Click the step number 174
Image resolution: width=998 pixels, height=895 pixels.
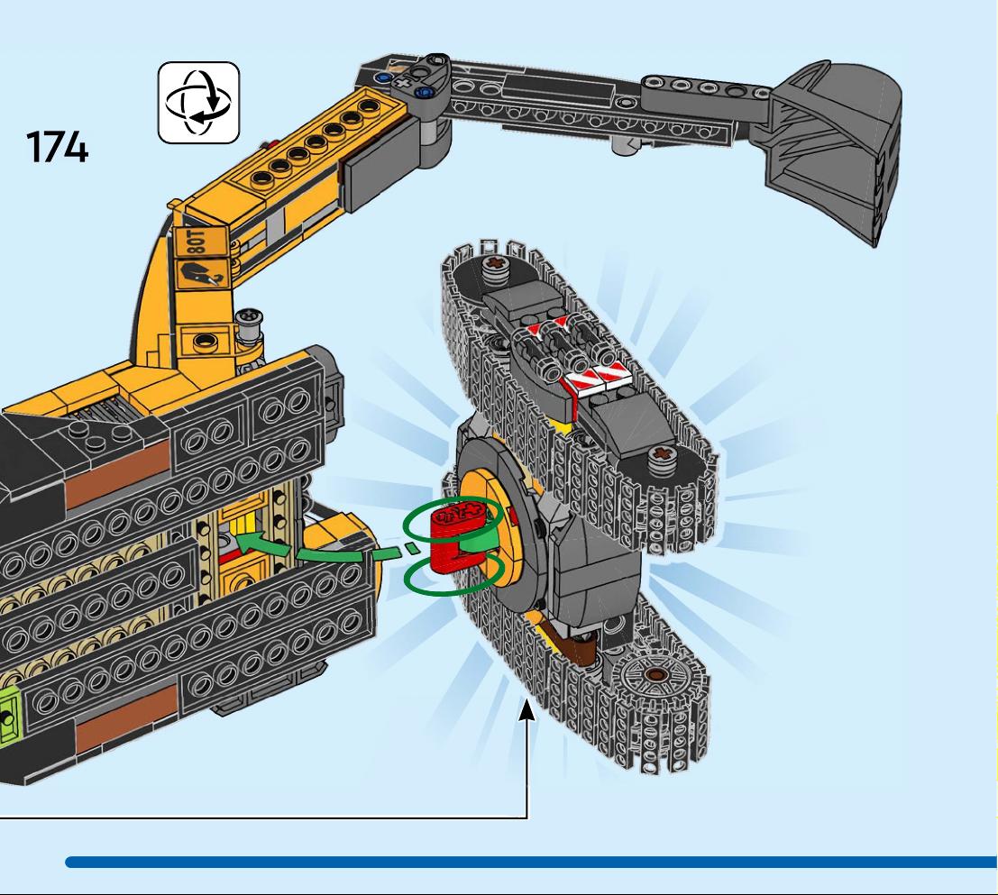(57, 147)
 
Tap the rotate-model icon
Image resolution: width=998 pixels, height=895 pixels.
(198, 103)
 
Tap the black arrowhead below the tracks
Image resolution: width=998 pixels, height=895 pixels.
(526, 709)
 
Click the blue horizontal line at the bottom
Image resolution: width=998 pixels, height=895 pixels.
(531, 862)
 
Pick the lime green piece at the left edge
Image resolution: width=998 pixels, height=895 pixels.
(10, 719)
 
